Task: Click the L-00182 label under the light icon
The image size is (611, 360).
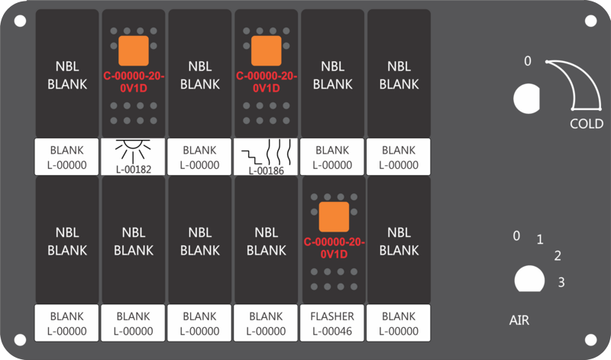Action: [x=133, y=169]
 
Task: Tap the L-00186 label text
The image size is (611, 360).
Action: [x=266, y=170]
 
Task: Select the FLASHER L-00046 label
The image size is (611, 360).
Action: [x=332, y=323]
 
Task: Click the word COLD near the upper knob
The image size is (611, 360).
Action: [x=587, y=124]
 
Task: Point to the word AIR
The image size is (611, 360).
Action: [x=519, y=320]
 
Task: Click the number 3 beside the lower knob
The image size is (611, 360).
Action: [x=561, y=282]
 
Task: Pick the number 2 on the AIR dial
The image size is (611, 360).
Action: [x=558, y=256]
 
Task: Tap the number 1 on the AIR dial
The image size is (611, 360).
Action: [x=540, y=239]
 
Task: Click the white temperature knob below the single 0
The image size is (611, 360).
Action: [x=526, y=99]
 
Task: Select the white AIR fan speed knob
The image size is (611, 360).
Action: [x=529, y=279]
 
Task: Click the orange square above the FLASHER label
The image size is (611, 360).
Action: [x=334, y=217]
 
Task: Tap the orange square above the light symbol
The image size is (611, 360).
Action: [x=133, y=50]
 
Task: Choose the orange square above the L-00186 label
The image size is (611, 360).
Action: [x=266, y=50]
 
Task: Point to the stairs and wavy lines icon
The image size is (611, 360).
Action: [x=266, y=152]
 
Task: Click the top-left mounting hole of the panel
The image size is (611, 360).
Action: [x=21, y=21]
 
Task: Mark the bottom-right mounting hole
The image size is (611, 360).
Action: [x=590, y=339]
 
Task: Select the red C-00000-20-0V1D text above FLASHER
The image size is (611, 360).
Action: [x=334, y=248]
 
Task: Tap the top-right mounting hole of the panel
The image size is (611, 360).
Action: [x=590, y=21]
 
